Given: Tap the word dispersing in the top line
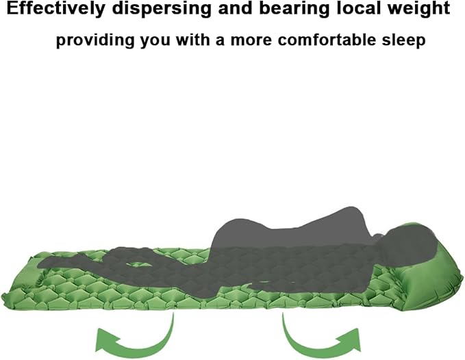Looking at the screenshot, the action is click(x=162, y=10).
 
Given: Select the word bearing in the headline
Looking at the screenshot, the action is click(x=294, y=10).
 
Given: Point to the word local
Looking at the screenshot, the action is click(x=360, y=8).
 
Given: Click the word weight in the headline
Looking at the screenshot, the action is click(x=420, y=10).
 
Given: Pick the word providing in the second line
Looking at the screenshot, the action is click(x=95, y=40).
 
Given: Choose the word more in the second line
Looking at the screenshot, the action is click(x=251, y=41).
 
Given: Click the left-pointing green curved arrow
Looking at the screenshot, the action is click(x=135, y=341).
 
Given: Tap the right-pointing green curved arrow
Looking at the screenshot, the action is click(x=321, y=340).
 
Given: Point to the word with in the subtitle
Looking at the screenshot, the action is click(x=192, y=40).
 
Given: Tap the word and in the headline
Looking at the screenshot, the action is click(x=236, y=9).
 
